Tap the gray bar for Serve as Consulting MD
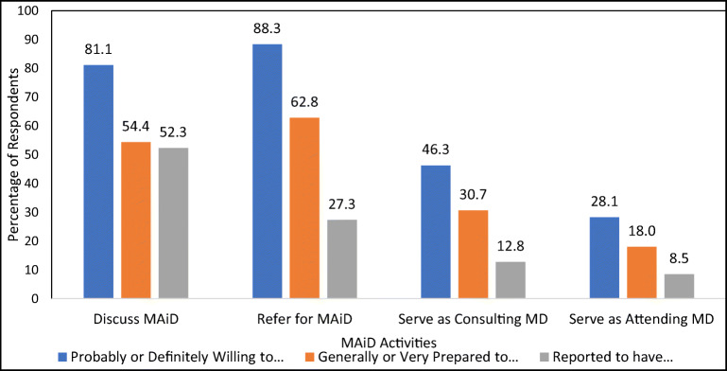click(510, 280)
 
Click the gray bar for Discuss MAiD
click(173, 223)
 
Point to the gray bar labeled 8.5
click(679, 286)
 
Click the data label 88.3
click(267, 27)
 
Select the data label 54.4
click(136, 126)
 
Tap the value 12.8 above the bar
click(510, 246)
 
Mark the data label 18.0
click(641, 231)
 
